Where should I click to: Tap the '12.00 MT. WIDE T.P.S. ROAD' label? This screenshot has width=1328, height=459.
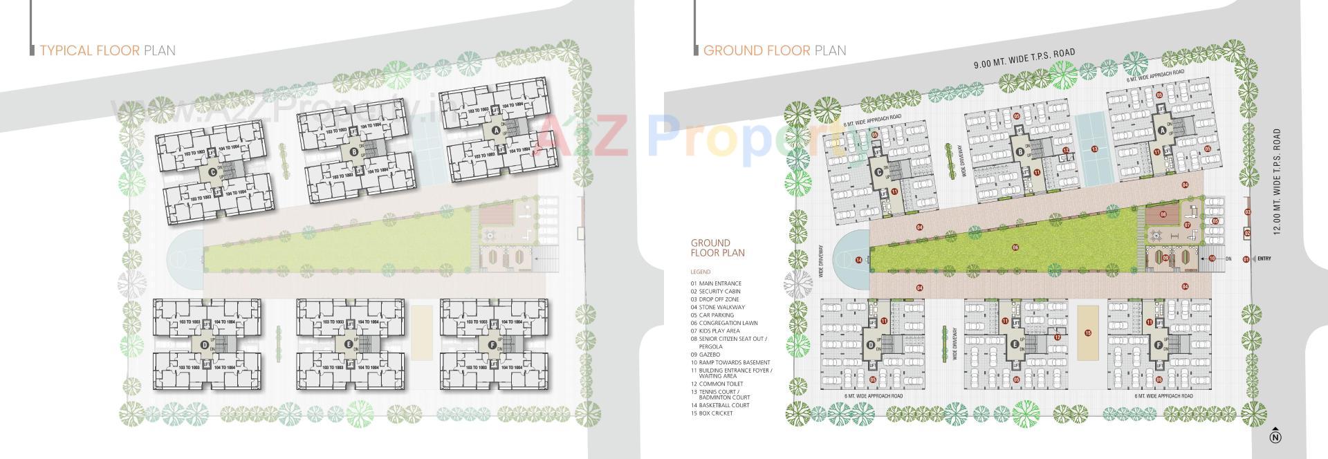click(1277, 181)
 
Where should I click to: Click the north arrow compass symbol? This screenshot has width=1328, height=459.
click(1276, 437)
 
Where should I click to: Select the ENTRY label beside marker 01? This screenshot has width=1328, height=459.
click(1264, 259)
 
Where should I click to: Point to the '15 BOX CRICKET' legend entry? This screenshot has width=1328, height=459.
click(711, 413)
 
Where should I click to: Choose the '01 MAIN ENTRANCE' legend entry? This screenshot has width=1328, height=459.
click(715, 283)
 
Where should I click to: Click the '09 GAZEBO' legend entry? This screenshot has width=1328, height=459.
click(705, 355)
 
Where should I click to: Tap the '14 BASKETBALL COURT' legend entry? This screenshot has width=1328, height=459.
click(719, 405)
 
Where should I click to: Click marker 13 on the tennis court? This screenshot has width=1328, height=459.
click(1094, 149)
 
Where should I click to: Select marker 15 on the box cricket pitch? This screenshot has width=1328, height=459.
click(1088, 333)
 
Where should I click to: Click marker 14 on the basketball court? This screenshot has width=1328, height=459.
click(858, 260)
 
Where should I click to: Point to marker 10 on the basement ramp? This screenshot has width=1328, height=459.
click(1212, 259)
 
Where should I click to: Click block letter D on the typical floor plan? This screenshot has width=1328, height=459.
click(204, 345)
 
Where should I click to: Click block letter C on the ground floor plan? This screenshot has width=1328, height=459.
click(878, 173)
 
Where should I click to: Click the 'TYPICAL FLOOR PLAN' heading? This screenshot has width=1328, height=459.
click(107, 50)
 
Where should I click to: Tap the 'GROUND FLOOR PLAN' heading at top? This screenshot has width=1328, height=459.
click(774, 50)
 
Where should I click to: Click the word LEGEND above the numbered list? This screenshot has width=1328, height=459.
click(700, 272)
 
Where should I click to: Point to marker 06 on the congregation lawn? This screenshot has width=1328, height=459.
click(1015, 247)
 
